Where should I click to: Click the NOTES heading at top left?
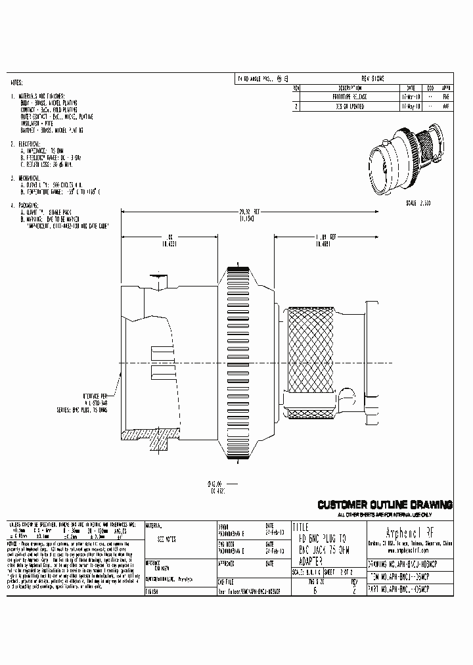(x=17, y=84)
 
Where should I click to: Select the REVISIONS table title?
(x=372, y=78)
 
